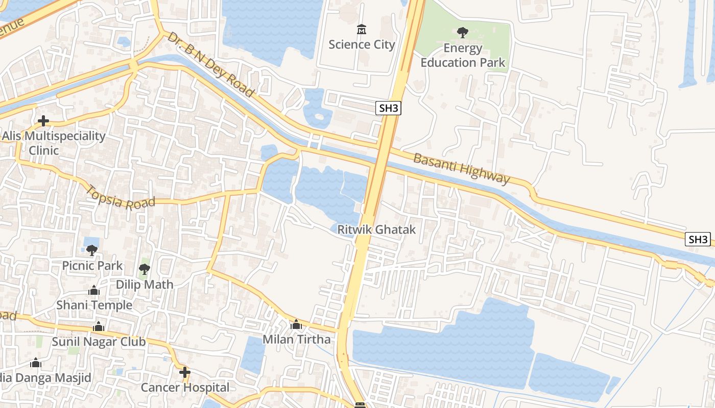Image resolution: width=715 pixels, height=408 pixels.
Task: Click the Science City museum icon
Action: [x=362, y=30]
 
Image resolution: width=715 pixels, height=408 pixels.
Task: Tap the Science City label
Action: [x=362, y=44]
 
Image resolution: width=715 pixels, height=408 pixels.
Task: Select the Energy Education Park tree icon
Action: [x=463, y=33]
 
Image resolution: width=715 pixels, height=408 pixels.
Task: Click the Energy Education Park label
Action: [x=463, y=55]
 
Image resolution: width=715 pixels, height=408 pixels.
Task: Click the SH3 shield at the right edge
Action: [x=698, y=239]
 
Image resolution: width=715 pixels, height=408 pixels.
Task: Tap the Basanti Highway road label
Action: [x=461, y=168]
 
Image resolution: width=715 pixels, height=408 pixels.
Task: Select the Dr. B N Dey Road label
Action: [x=210, y=64]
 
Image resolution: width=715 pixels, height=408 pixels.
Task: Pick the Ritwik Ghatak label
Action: [x=376, y=229]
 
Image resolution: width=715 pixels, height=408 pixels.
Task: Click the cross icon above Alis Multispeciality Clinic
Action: [x=43, y=121]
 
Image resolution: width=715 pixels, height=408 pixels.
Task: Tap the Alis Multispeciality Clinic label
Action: [x=53, y=143]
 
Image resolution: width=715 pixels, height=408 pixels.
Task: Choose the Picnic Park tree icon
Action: [x=92, y=250]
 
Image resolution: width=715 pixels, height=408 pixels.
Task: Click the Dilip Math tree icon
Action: [x=145, y=269]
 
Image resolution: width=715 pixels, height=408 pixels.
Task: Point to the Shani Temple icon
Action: [x=94, y=290]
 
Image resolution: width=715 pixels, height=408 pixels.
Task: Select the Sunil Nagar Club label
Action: [x=99, y=342]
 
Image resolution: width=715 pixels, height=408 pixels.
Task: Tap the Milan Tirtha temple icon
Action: [x=296, y=324]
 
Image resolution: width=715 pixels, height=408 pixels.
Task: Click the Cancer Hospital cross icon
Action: [x=185, y=373]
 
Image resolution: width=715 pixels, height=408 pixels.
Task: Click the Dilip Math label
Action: [x=145, y=285]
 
